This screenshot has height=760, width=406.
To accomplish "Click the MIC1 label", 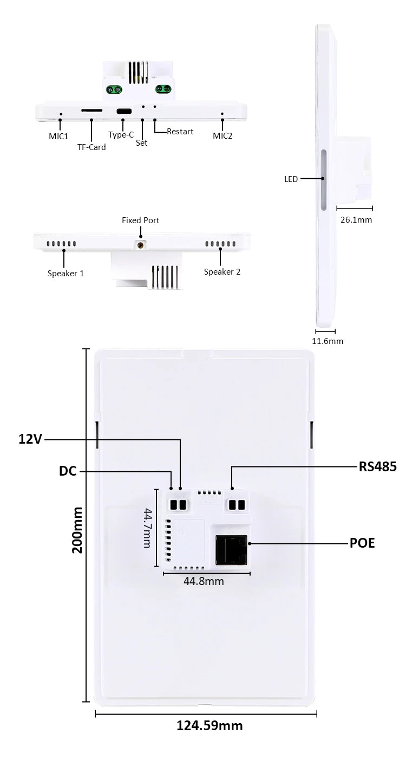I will coord(58,135).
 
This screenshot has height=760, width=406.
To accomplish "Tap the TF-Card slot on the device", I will coord(91,109).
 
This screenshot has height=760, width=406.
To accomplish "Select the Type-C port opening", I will coord(123,111).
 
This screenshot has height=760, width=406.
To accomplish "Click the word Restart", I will coord(180,131).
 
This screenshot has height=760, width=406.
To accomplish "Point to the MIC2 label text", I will coord(222,135).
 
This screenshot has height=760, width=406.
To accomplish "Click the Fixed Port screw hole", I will coord(141,245).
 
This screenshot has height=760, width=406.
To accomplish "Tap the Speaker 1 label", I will coord(66,273).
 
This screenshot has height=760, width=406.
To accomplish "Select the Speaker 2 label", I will coord(222,271).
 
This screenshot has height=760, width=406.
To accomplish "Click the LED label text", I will coord(291,179).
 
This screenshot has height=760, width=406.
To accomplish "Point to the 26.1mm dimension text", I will coord(356,220).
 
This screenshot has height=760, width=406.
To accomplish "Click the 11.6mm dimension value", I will coord(328,341).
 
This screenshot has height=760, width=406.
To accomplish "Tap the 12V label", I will coord(30,439).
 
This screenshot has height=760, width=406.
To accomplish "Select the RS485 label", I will coord(378,466).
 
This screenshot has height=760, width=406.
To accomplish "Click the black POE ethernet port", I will coord(231,550).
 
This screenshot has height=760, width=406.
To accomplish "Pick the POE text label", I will coord(362,543).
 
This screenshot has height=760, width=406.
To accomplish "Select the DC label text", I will coord(68,471).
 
